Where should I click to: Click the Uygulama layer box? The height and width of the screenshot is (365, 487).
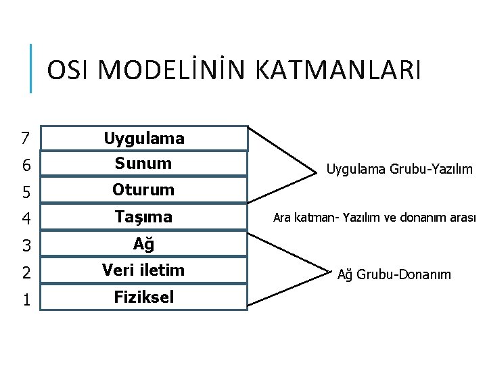(x=144, y=139)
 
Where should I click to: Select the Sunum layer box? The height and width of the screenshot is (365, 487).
(x=144, y=164)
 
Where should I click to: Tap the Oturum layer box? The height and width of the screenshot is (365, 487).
(x=144, y=190)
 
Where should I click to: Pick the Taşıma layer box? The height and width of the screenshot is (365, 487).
(x=144, y=217)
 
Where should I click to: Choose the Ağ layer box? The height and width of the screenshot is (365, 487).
(x=144, y=244)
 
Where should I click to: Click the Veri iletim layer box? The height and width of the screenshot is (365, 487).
(x=144, y=270)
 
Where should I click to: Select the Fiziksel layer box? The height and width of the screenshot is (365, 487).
(x=144, y=297)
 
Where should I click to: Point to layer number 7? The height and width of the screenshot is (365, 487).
(x=25, y=139)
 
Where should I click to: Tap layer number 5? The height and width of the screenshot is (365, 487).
(x=25, y=192)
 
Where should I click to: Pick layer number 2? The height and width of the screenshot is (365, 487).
(x=25, y=272)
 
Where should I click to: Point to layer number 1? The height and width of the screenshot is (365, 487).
(x=25, y=299)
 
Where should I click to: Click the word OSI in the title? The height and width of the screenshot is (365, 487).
(x=70, y=70)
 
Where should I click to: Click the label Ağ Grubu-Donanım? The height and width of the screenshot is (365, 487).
(x=394, y=274)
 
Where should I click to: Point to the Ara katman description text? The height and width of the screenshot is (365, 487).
(x=375, y=218)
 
